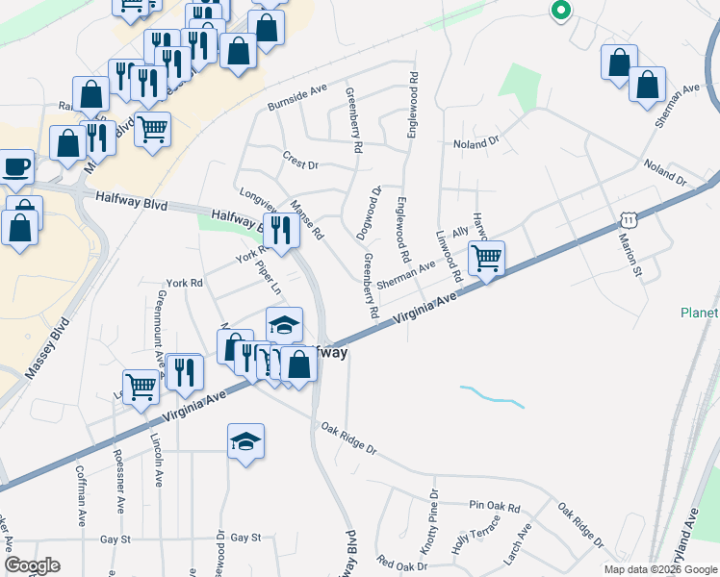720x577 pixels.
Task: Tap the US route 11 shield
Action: click(628, 221)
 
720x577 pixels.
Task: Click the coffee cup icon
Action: click(14, 166)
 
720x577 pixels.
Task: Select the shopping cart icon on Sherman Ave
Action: click(487, 258)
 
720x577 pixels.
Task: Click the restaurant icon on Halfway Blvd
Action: click(280, 230)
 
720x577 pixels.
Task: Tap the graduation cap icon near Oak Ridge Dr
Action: click(245, 441)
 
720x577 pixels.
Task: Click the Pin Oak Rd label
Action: click(495, 506)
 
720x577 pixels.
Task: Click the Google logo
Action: click(33, 565)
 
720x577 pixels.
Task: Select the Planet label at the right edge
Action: click(699, 314)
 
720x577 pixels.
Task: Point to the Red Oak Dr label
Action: click(402, 562)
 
